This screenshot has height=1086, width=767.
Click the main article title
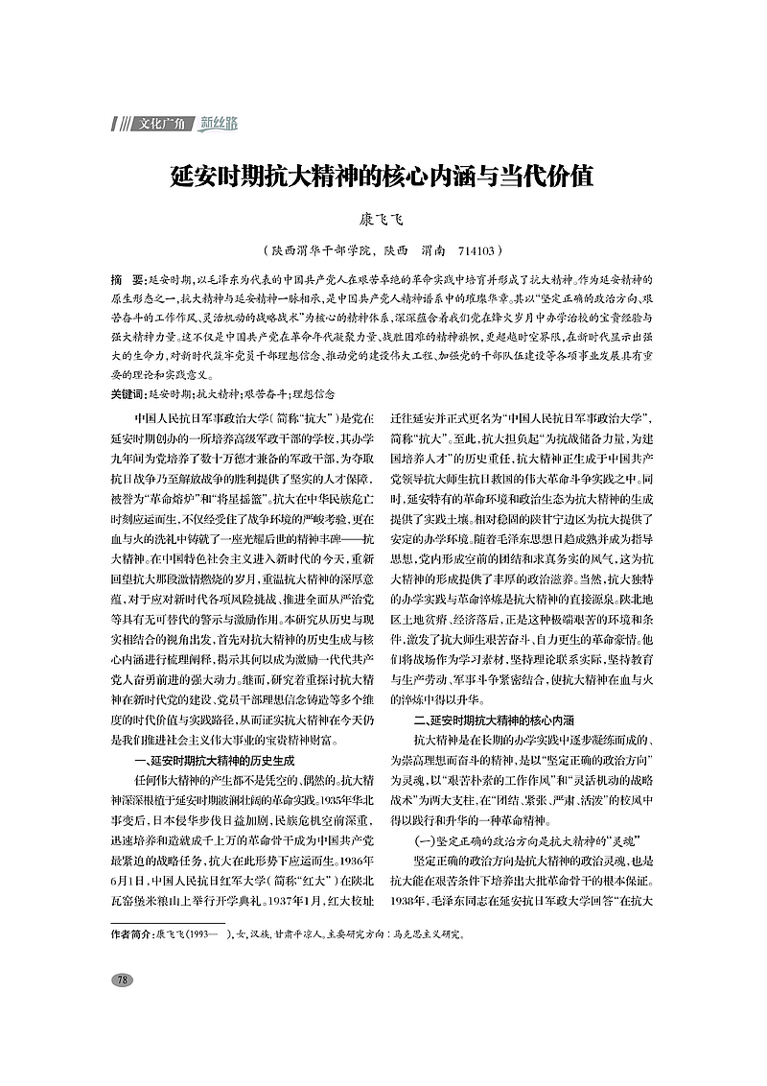click(383, 177)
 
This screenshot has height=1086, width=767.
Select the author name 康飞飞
click(383, 221)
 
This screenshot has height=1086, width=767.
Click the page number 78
click(122, 980)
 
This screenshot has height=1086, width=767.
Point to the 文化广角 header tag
click(159, 124)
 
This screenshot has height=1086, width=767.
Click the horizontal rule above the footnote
click(168, 923)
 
